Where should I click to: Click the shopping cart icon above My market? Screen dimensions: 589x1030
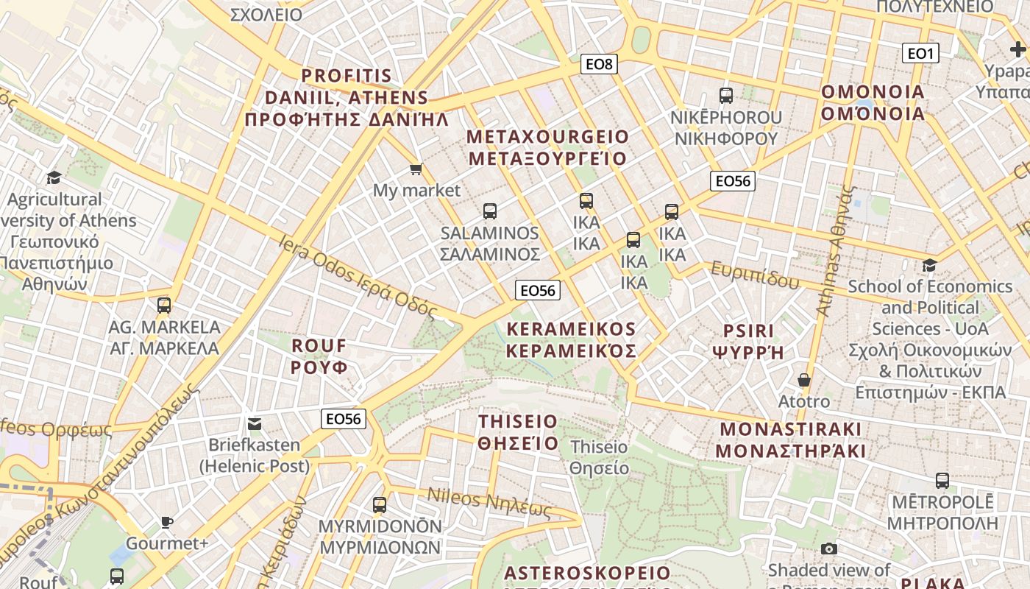[x=416, y=170]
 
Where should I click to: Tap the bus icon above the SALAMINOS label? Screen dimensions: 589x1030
[x=490, y=212]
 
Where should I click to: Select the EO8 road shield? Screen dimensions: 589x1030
[x=599, y=64]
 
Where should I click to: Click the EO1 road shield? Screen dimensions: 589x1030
[x=920, y=53]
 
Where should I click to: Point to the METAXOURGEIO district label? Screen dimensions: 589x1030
[x=548, y=148]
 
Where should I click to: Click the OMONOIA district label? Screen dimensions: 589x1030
[x=873, y=103]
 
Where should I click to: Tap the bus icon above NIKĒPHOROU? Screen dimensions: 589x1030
[x=726, y=96]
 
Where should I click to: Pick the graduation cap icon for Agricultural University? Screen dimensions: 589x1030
[x=54, y=178]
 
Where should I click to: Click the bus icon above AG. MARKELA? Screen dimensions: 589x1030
[x=164, y=306]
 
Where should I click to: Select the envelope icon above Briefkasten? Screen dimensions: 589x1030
[x=255, y=424]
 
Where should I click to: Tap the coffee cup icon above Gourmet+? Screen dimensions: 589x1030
[x=167, y=523]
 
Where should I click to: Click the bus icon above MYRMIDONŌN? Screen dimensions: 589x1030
[x=380, y=505]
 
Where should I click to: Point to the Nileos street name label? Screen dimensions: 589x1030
[x=489, y=503]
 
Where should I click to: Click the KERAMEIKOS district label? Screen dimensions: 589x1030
[x=571, y=339]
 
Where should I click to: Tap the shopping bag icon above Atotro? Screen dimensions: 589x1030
[x=804, y=381]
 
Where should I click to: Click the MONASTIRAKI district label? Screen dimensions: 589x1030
[x=790, y=440]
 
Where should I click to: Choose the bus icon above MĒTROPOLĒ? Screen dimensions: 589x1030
[x=942, y=482]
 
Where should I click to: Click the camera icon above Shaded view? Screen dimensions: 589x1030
[x=829, y=549]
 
